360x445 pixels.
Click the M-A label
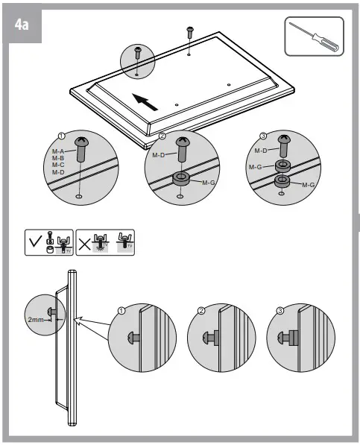(57, 151)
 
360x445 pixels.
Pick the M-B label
(57, 158)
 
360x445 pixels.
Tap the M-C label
(57, 165)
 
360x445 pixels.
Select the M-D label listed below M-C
(57, 172)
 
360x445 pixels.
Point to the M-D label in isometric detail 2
(159, 155)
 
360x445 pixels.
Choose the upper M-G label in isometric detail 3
(254, 168)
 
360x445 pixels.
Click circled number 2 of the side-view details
(201, 312)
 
